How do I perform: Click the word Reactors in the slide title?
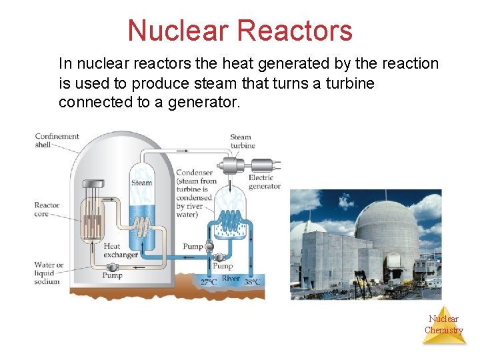(x=294, y=31)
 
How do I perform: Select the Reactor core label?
(x=47, y=210)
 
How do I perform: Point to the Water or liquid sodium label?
(x=49, y=273)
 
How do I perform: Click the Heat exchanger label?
(x=120, y=251)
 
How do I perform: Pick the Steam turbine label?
(x=241, y=141)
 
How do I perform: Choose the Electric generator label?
(x=265, y=182)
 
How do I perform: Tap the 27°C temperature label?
(x=209, y=282)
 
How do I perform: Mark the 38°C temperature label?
(x=252, y=282)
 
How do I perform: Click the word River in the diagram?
(x=231, y=279)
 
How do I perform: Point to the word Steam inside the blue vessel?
(x=141, y=183)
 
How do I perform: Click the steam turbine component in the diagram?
(x=233, y=165)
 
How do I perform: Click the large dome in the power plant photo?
(x=387, y=223)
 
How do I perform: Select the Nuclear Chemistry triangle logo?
(x=444, y=325)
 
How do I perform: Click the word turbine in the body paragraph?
(x=351, y=83)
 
